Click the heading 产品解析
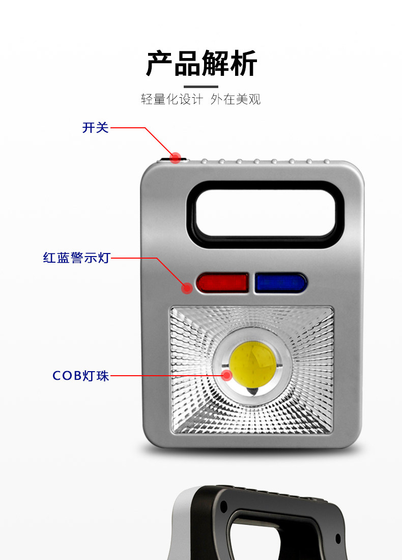click(202, 64)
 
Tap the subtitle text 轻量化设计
click(171, 99)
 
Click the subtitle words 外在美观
click(236, 99)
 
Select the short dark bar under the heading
click(201, 87)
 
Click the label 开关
click(96, 128)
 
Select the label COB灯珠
click(81, 376)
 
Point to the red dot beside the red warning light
click(187, 288)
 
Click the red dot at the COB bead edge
click(227, 376)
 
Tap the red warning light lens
click(222, 283)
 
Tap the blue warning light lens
click(280, 283)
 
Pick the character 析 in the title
click(244, 64)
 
